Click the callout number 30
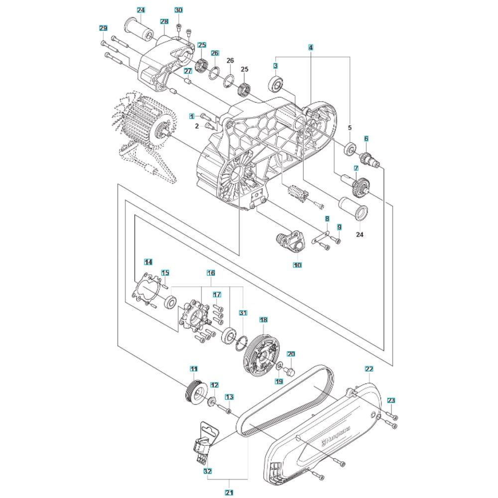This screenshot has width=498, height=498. coord(178,10)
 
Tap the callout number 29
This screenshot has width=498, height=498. coord(103,28)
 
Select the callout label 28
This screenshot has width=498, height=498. coord(164,21)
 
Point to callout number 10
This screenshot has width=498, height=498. coord(297,265)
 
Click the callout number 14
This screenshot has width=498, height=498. coord(148,261)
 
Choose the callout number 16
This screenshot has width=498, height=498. coord(211,273)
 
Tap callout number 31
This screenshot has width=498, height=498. coord(243,313)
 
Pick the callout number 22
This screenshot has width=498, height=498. coord(369,369)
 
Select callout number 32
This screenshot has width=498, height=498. coord(207,470)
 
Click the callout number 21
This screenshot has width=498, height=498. coord(229,493)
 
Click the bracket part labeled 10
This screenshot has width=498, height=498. coord(291,241)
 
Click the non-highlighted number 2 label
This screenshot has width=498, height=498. coord(197,126)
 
